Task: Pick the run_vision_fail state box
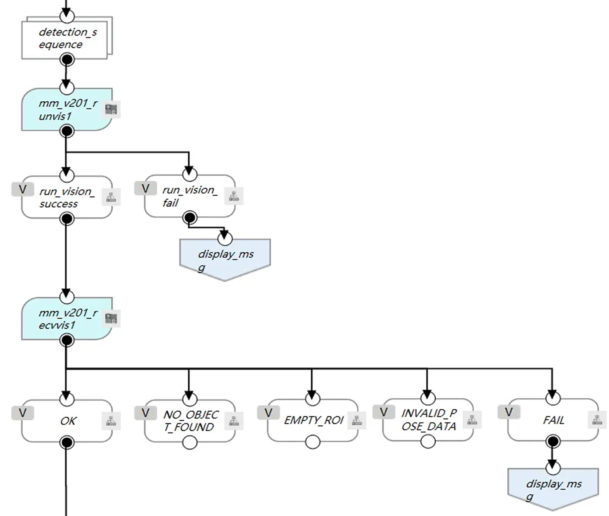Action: [x=189, y=196]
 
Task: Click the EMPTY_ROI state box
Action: [x=313, y=420]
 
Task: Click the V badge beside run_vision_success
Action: [x=22, y=189]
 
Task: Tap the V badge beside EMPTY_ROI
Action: [x=268, y=413]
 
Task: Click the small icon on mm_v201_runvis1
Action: [x=111, y=109]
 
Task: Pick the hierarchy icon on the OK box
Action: [x=111, y=421]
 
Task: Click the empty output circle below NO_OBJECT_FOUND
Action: [x=190, y=443]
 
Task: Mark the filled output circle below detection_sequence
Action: [x=67, y=60]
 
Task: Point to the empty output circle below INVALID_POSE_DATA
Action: [x=428, y=441]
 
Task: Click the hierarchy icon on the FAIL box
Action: [x=597, y=420]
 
